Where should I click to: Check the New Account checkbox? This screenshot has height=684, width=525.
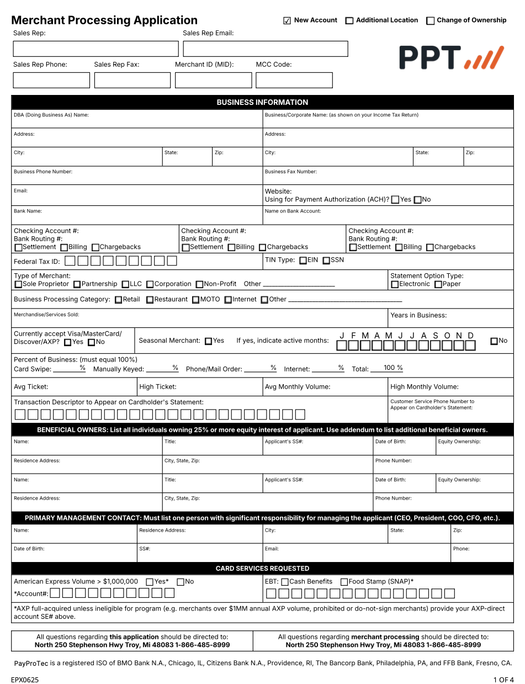click(x=287, y=21)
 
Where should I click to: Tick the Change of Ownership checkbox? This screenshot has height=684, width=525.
click(x=431, y=21)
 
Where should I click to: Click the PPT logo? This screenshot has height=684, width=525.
click(x=452, y=57)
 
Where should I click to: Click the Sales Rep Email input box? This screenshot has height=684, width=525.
click(x=265, y=49)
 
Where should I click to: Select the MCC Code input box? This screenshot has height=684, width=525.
click(x=294, y=80)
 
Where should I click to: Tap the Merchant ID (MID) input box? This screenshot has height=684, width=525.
click(x=213, y=80)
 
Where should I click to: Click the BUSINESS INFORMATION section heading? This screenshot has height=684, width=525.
click(x=262, y=102)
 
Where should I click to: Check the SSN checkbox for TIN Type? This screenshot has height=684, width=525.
click(x=326, y=261)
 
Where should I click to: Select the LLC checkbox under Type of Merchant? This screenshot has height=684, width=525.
click(x=125, y=284)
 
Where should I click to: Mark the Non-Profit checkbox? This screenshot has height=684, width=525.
click(x=199, y=284)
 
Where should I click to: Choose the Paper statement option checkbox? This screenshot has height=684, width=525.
click(x=438, y=284)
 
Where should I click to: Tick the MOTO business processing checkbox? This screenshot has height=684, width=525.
click(x=195, y=300)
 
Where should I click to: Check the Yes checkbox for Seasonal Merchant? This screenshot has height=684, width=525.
click(x=208, y=341)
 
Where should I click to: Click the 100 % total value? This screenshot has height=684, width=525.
click(x=393, y=368)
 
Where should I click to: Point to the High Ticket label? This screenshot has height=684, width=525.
click(x=158, y=387)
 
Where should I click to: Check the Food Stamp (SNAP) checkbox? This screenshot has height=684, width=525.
click(x=344, y=582)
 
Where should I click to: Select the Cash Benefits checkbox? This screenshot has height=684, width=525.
click(x=285, y=582)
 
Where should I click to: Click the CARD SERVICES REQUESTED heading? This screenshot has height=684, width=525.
click(x=262, y=569)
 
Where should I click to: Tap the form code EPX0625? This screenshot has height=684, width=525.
click(x=25, y=680)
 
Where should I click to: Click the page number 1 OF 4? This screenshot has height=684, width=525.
click(x=503, y=680)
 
